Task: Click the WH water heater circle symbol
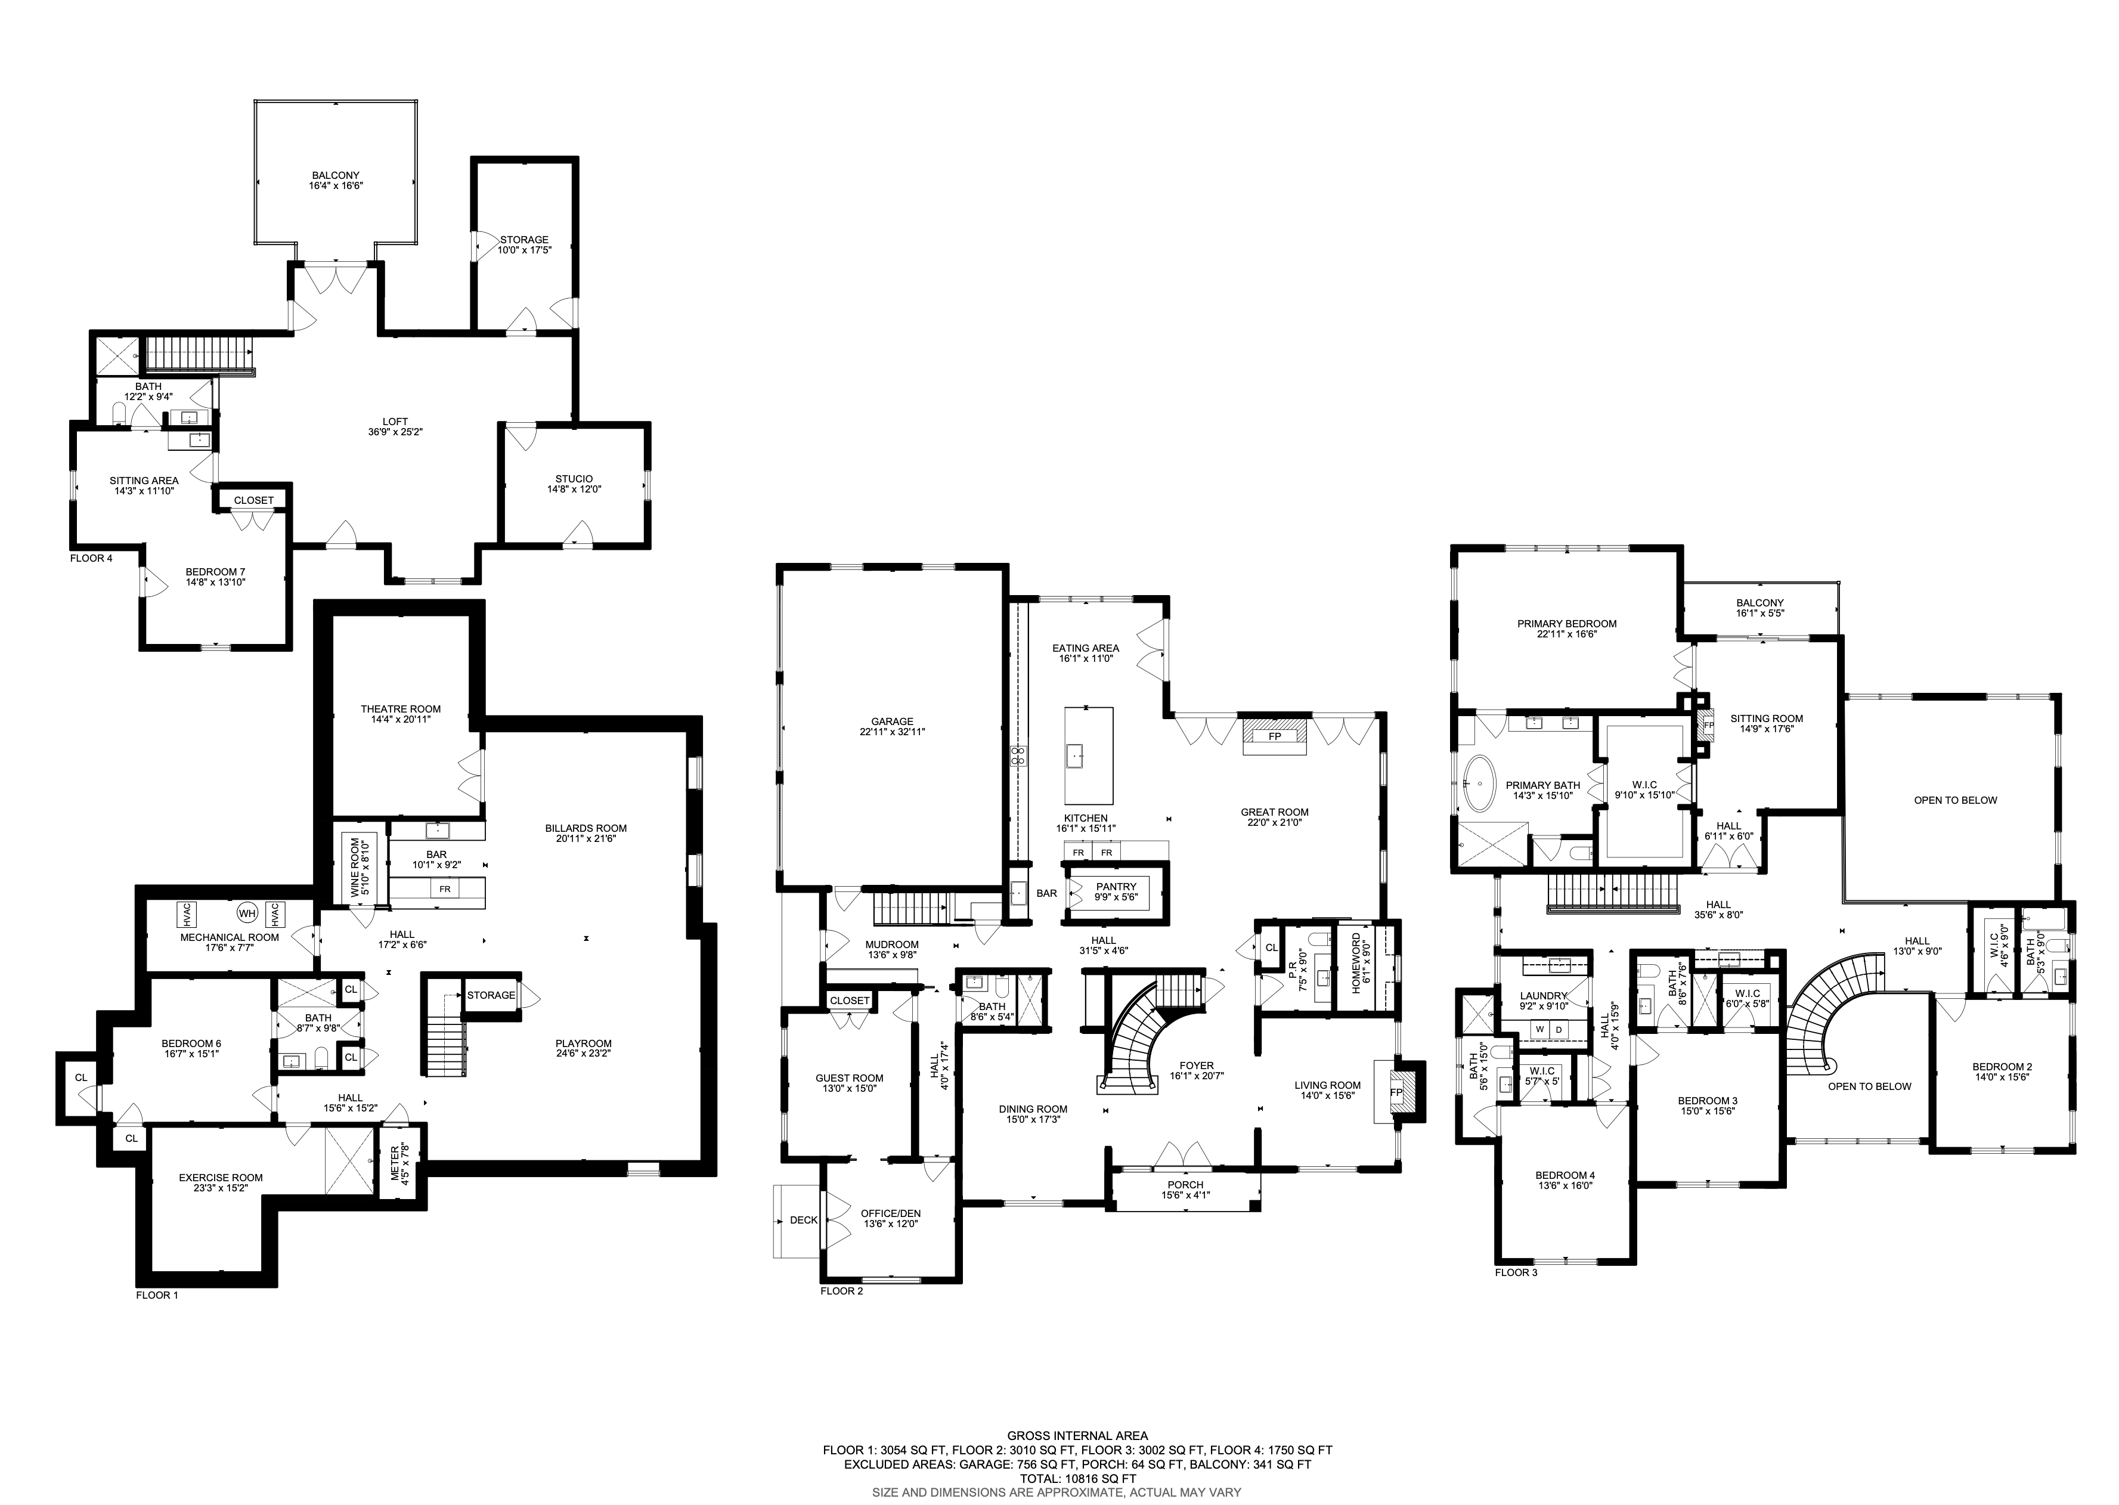[246, 913]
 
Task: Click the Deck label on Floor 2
[803, 1219]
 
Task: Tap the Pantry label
[1116, 887]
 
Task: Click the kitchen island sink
[1076, 755]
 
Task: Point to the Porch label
[1185, 1184]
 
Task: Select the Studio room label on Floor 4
[574, 479]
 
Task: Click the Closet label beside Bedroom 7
[254, 500]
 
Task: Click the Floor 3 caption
[1516, 1272]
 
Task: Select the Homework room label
[1356, 963]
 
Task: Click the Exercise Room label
[221, 1178]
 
